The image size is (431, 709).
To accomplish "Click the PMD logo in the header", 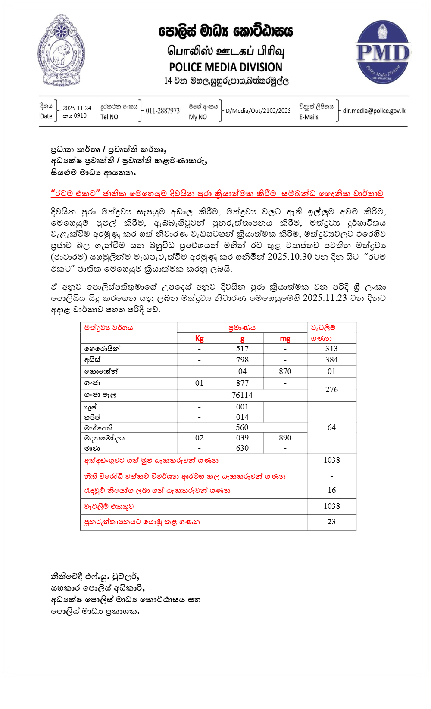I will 382,52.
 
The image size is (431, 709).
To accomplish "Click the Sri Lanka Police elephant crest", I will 61,50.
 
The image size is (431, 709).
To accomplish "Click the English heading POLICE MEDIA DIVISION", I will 225,67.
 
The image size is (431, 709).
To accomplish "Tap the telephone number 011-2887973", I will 162,111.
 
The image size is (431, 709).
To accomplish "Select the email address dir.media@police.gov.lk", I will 374,111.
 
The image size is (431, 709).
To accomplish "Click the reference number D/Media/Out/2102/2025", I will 258,111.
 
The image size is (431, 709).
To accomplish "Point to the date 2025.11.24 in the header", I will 77,108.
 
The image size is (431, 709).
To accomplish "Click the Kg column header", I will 199,338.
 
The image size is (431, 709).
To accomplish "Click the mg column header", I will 285,338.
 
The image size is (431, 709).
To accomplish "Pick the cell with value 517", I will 242,349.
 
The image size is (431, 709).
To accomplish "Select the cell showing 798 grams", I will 242,360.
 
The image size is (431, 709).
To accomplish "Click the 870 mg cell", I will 285,372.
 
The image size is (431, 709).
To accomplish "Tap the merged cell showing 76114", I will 242,395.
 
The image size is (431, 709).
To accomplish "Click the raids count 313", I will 331,349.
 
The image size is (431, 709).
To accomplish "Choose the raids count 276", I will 331,389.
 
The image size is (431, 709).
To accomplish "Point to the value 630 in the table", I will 242,448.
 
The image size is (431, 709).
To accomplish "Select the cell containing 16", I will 331,490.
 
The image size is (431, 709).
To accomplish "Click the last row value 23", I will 331,522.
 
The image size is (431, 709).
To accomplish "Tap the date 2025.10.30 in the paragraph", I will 289,257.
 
